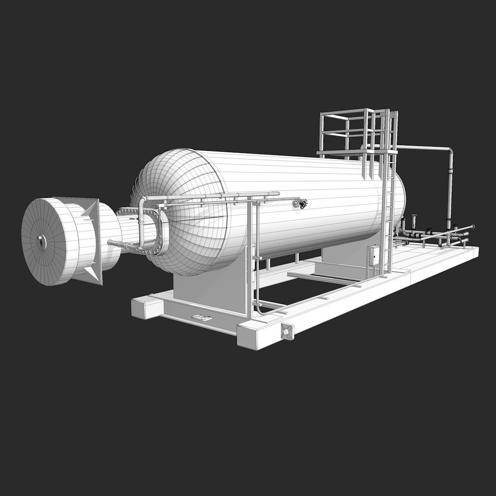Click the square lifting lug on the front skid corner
coord(286,331)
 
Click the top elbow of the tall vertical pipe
coord(449,150)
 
